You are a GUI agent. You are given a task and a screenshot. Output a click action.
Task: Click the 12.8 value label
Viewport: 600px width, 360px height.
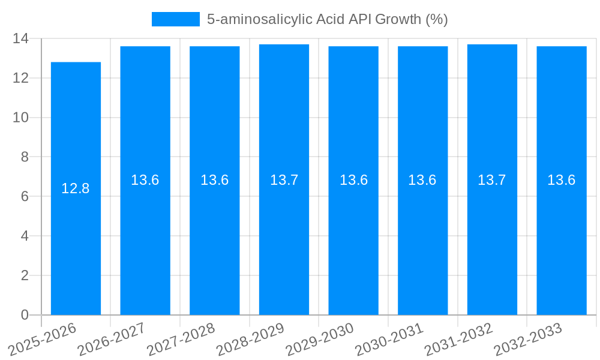tap(76, 188)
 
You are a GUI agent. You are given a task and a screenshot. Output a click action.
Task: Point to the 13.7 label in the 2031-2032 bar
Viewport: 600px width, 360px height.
tap(492, 180)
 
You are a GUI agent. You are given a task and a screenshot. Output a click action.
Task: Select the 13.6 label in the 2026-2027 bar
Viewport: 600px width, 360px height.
tap(145, 180)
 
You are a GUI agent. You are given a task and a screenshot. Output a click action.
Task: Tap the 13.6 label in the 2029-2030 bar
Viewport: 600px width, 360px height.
tap(353, 180)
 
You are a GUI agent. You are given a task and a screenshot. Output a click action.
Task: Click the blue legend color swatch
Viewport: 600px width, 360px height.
tap(175, 19)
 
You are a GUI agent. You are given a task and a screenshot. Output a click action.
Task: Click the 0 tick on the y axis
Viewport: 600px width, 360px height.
tap(25, 315)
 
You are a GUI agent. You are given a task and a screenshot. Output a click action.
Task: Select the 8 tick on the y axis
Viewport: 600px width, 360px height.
tap(25, 157)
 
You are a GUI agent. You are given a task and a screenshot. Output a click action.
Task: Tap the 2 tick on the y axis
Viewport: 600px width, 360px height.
tap(25, 275)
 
